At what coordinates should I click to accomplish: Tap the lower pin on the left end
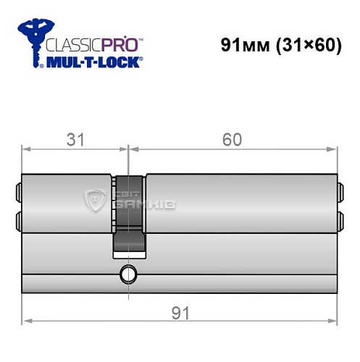click(x=17, y=219)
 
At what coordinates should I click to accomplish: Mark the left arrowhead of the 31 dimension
click(x=26, y=151)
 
